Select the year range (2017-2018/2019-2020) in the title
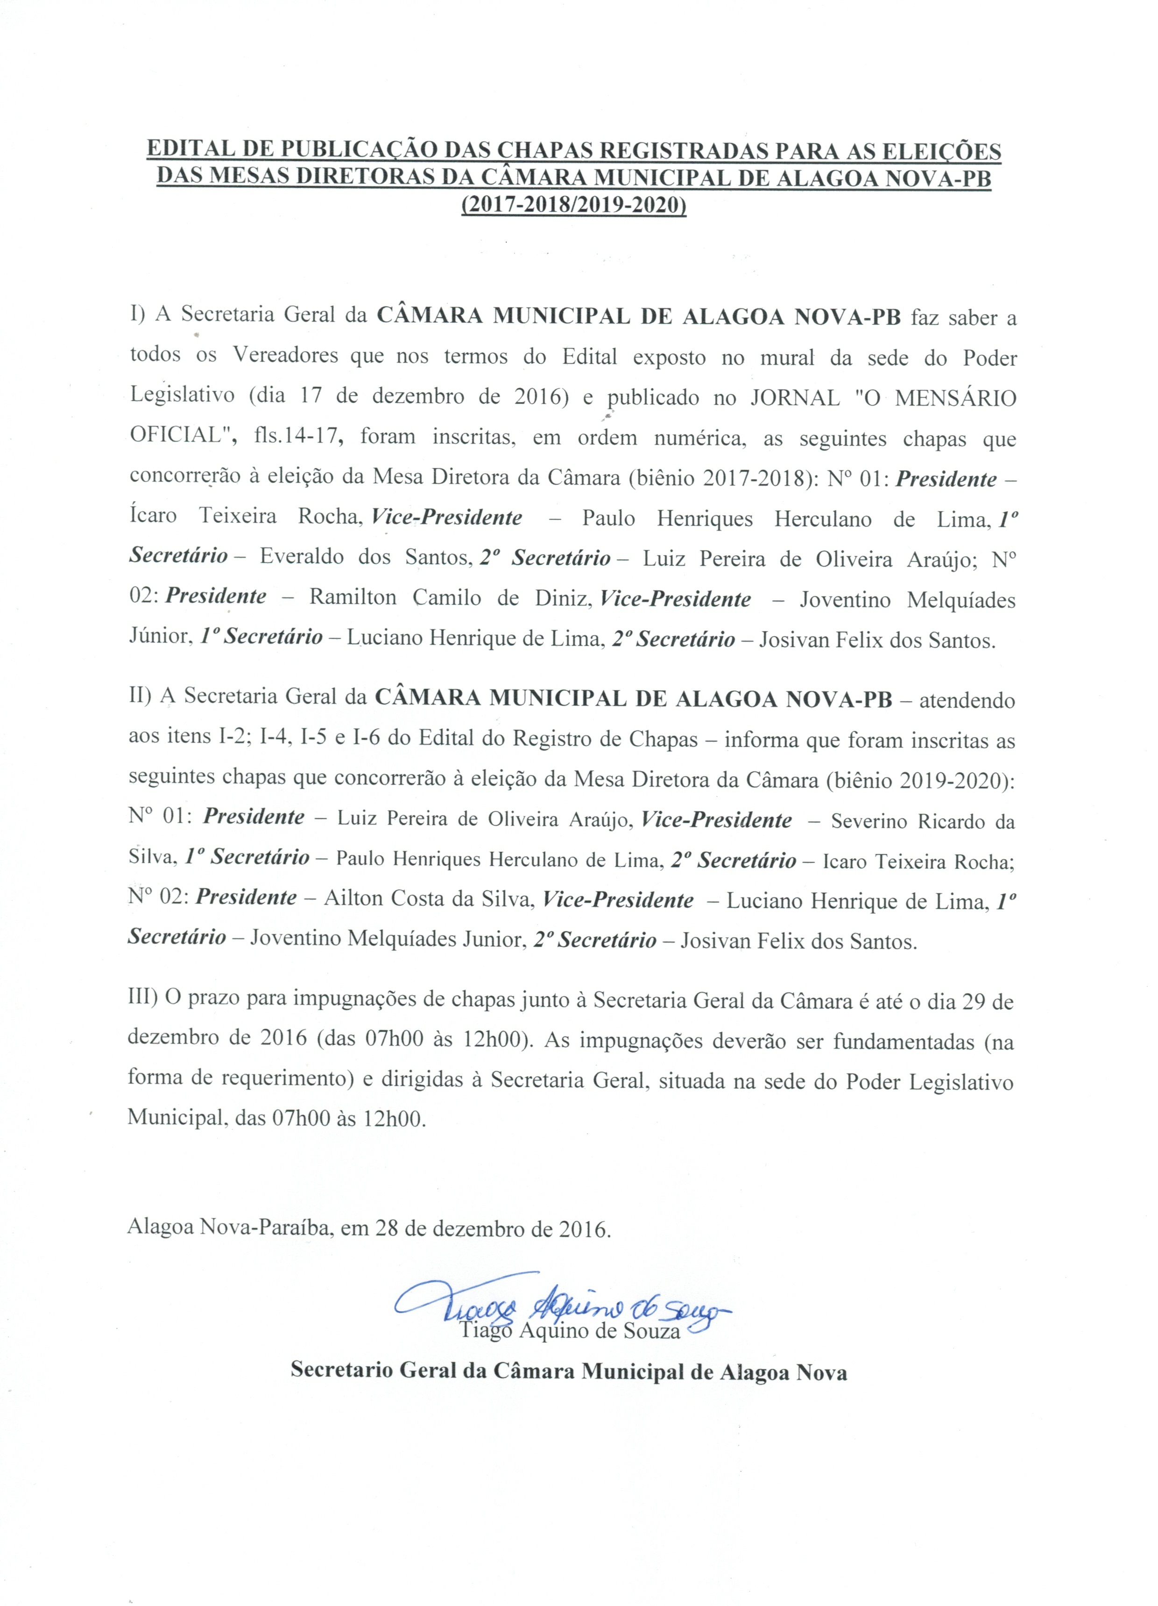[x=573, y=205]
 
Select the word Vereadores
[x=285, y=356]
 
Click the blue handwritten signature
[x=559, y=1313]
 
